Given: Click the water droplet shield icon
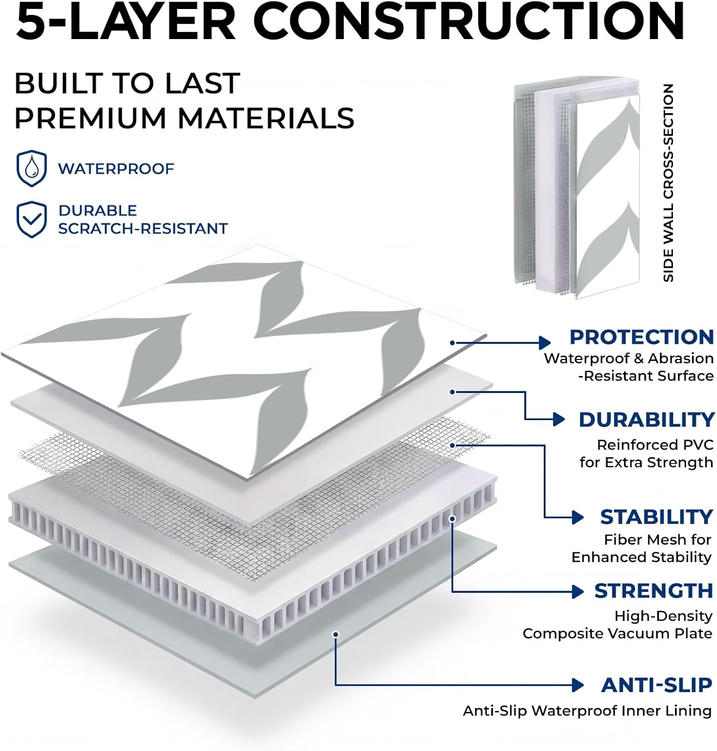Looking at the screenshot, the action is point(32,169).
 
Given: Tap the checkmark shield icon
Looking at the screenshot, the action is point(32,219).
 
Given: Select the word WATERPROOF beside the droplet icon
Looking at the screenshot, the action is point(116,169).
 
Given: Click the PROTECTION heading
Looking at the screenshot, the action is point(641,337).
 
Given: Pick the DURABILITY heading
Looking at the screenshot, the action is point(646,420).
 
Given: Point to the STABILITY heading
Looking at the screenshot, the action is point(656,517).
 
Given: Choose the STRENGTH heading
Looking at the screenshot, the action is point(653,591).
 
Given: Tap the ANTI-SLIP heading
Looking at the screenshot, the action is point(656,685).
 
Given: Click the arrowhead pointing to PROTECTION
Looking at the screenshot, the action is point(545,343).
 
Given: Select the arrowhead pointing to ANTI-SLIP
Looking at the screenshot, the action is point(578,685).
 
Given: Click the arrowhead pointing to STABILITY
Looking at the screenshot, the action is point(578,517).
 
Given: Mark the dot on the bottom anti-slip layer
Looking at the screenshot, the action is point(336,634).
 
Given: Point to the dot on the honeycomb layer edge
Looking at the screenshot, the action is point(452,519).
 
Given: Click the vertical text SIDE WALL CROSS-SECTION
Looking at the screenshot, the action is point(668,183).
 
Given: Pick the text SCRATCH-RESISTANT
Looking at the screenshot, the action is point(143,228).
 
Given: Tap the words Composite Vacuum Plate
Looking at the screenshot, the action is point(617,633).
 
